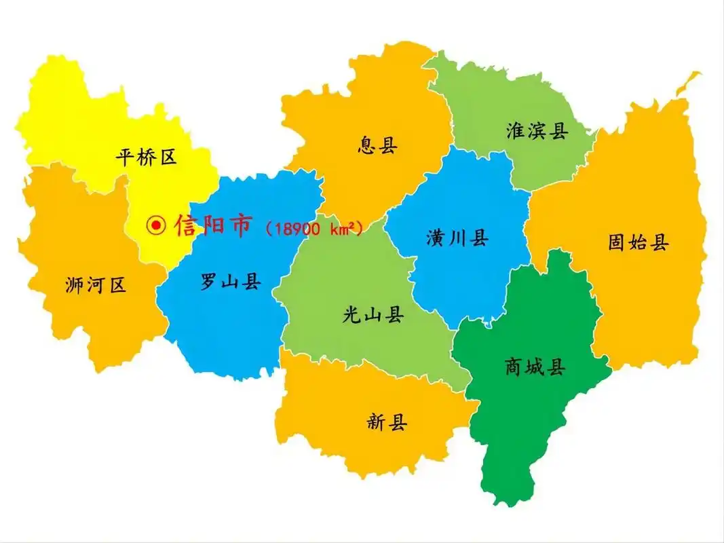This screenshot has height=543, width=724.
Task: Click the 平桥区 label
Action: pyautogui.click(x=146, y=158)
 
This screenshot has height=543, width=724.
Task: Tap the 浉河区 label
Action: pyautogui.click(x=96, y=285)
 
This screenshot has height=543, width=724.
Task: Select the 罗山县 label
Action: pyautogui.click(x=231, y=281)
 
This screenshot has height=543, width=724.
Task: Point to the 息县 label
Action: pyautogui.click(x=377, y=145)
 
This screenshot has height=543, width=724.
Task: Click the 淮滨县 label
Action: pyautogui.click(x=537, y=131)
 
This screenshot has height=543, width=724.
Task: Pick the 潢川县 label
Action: pyautogui.click(x=457, y=238)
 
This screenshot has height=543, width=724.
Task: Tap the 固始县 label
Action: pyautogui.click(x=639, y=242)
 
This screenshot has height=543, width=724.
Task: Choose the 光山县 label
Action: pyautogui.click(x=373, y=314)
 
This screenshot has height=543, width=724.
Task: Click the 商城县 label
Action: pyautogui.click(x=535, y=367)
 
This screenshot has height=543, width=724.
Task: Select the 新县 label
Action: pyautogui.click(x=387, y=423)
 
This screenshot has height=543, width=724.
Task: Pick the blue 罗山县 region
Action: pyautogui.click(x=224, y=326)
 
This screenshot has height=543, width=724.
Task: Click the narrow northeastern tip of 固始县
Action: pyautogui.click(x=689, y=81)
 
